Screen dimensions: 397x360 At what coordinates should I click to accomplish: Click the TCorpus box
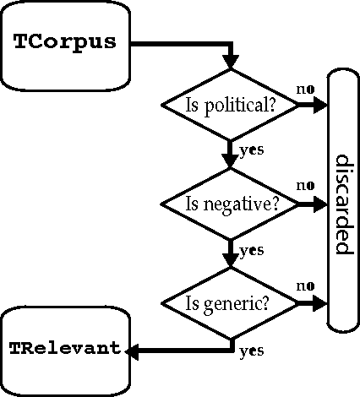64,44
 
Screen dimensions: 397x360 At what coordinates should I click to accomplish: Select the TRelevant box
64,349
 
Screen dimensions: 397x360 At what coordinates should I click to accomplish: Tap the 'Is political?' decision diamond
230,106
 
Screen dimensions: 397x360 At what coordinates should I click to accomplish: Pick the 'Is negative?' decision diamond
230,204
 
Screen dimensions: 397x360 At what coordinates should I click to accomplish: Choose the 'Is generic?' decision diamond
230,302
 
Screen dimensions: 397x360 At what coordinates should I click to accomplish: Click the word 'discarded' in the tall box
343,204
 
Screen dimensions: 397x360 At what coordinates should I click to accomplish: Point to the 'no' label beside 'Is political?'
304,88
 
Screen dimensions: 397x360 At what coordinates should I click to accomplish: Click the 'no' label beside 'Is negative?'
304,185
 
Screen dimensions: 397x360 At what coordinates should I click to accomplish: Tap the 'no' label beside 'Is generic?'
304,285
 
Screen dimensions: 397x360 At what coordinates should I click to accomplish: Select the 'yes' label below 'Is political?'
251,150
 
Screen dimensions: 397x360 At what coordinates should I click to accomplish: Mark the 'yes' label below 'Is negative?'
251,250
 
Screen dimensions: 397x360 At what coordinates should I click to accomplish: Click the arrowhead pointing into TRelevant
131,349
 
